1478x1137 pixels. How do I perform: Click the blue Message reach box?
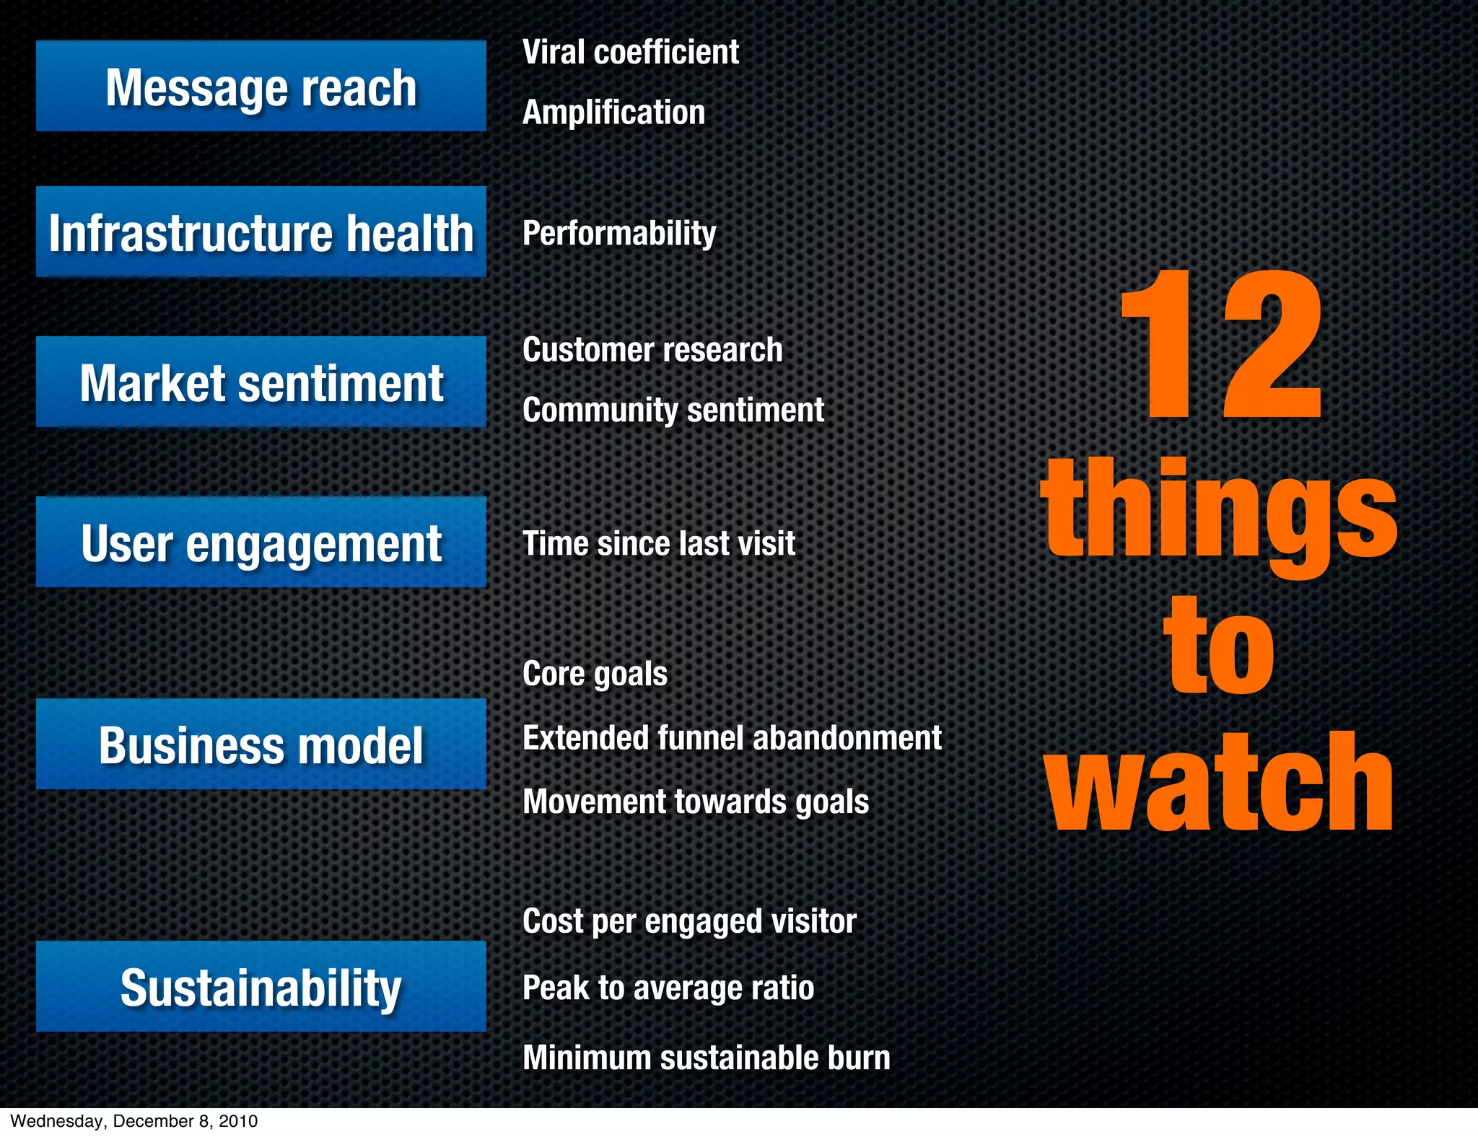(261, 86)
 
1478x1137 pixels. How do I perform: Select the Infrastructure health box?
(261, 232)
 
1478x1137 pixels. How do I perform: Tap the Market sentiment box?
(261, 382)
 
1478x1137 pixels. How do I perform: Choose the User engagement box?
(261, 542)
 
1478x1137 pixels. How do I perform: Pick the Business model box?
(261, 744)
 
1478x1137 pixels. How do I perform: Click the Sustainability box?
(261, 986)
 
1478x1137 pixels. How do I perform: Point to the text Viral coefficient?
(630, 52)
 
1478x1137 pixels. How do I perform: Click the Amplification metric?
(613, 113)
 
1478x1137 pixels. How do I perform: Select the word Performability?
(619, 233)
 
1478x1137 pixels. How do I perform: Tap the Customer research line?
(652, 350)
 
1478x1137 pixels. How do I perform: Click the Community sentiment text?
(673, 410)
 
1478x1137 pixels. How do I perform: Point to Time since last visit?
(658, 543)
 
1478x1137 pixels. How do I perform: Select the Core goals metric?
(595, 674)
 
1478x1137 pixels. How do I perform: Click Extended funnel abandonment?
(732, 738)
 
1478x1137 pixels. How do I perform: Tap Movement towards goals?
(696, 802)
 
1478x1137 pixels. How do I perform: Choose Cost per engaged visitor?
(689, 921)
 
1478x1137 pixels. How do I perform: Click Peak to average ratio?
(668, 988)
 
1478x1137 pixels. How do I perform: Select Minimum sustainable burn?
(706, 1058)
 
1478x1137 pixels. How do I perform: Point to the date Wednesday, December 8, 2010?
(134, 1121)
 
